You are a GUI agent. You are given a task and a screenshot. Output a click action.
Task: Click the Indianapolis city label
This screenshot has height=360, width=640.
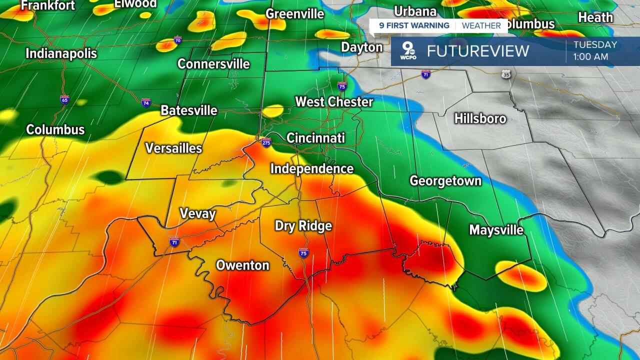tap(61, 53)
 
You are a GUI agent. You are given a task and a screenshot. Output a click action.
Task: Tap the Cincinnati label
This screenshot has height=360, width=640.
tap(315, 137)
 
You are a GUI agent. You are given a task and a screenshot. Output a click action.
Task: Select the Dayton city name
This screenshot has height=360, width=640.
tap(361, 47)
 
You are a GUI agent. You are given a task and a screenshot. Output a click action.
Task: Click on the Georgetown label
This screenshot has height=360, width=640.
tap(445, 180)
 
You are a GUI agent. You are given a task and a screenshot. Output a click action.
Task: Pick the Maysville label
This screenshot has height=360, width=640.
tap(496, 230)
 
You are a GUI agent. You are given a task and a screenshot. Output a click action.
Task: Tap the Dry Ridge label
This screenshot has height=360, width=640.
tap(303, 226)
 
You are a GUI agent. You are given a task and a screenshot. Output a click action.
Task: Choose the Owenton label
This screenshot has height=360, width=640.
tap(242, 265)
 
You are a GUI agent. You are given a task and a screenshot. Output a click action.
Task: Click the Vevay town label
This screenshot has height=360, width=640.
tap(197, 214)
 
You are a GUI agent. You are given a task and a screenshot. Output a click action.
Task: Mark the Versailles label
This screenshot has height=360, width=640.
tap(173, 148)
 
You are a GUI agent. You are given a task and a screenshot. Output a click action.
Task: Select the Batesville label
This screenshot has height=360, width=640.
tap(189, 110)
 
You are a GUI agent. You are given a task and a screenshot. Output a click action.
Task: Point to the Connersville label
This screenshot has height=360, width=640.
tap(213, 64)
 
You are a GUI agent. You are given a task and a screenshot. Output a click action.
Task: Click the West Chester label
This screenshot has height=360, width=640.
tap(334, 102)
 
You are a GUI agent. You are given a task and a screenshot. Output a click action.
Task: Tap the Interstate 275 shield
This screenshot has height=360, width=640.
tap(266, 142)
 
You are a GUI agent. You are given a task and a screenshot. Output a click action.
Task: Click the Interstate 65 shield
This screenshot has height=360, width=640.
tap(64, 99)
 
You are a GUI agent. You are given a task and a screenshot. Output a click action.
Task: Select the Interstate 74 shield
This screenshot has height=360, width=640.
tap(146, 103)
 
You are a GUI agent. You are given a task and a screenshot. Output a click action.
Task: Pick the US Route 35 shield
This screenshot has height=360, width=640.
tap(506, 74)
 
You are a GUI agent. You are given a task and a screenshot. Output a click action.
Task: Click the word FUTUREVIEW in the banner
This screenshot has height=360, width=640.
tap(477, 51)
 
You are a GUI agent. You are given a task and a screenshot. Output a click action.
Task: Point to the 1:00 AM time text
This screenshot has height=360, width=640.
tap(590, 57)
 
